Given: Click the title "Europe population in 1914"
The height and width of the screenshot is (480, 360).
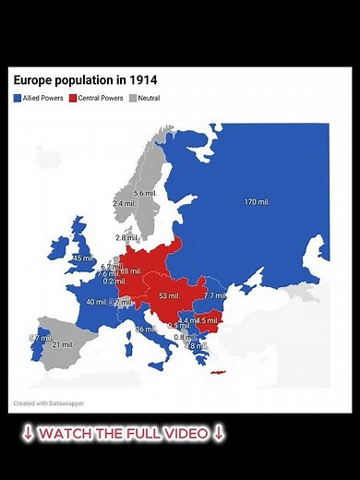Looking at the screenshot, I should point(78,81).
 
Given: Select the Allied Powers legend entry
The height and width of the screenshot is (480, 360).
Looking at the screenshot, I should point(39,98).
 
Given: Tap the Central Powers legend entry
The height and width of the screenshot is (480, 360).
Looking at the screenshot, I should point(97,98).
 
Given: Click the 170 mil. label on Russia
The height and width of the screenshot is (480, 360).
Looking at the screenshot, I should point(257,202).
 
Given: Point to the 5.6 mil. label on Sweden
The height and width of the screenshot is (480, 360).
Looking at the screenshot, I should point(145,193).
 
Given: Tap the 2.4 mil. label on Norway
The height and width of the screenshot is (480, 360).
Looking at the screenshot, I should point(124,203).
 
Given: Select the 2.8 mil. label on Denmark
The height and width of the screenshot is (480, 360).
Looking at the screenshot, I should point(126,238).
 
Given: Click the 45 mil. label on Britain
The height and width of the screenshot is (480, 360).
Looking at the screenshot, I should point(82,258).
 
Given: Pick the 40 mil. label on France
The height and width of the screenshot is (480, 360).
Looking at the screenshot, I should point(96,302).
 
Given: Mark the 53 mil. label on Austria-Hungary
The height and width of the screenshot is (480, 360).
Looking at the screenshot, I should point(169,296).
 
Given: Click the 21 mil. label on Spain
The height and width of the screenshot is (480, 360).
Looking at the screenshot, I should point(62,344).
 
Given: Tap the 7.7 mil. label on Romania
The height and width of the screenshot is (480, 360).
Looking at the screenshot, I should point(214,296).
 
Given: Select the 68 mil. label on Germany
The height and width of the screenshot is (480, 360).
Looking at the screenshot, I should point(130,271).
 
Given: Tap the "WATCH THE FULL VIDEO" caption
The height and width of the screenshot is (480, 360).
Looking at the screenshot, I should point(123,433).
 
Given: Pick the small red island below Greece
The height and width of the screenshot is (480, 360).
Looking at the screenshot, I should point(218,373).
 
